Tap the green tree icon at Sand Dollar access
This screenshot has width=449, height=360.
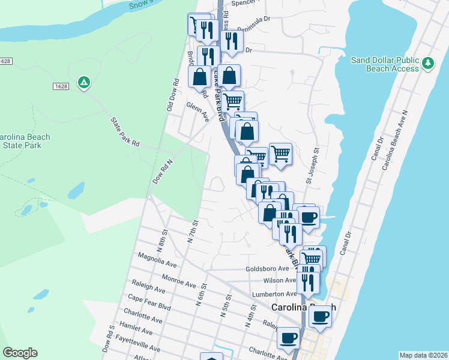[427, 63]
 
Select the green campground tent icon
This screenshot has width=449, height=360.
[85, 82]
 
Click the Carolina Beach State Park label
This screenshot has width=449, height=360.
[25, 141]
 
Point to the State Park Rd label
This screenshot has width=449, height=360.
[125, 132]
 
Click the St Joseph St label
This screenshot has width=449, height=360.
[312, 166]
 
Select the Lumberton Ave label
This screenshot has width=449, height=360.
[276, 294]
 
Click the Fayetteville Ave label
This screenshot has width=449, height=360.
[139, 343]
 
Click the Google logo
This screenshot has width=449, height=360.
[20, 352]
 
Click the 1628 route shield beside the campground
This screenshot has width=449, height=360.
[61, 86]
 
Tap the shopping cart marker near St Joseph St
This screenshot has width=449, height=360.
[280, 154]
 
